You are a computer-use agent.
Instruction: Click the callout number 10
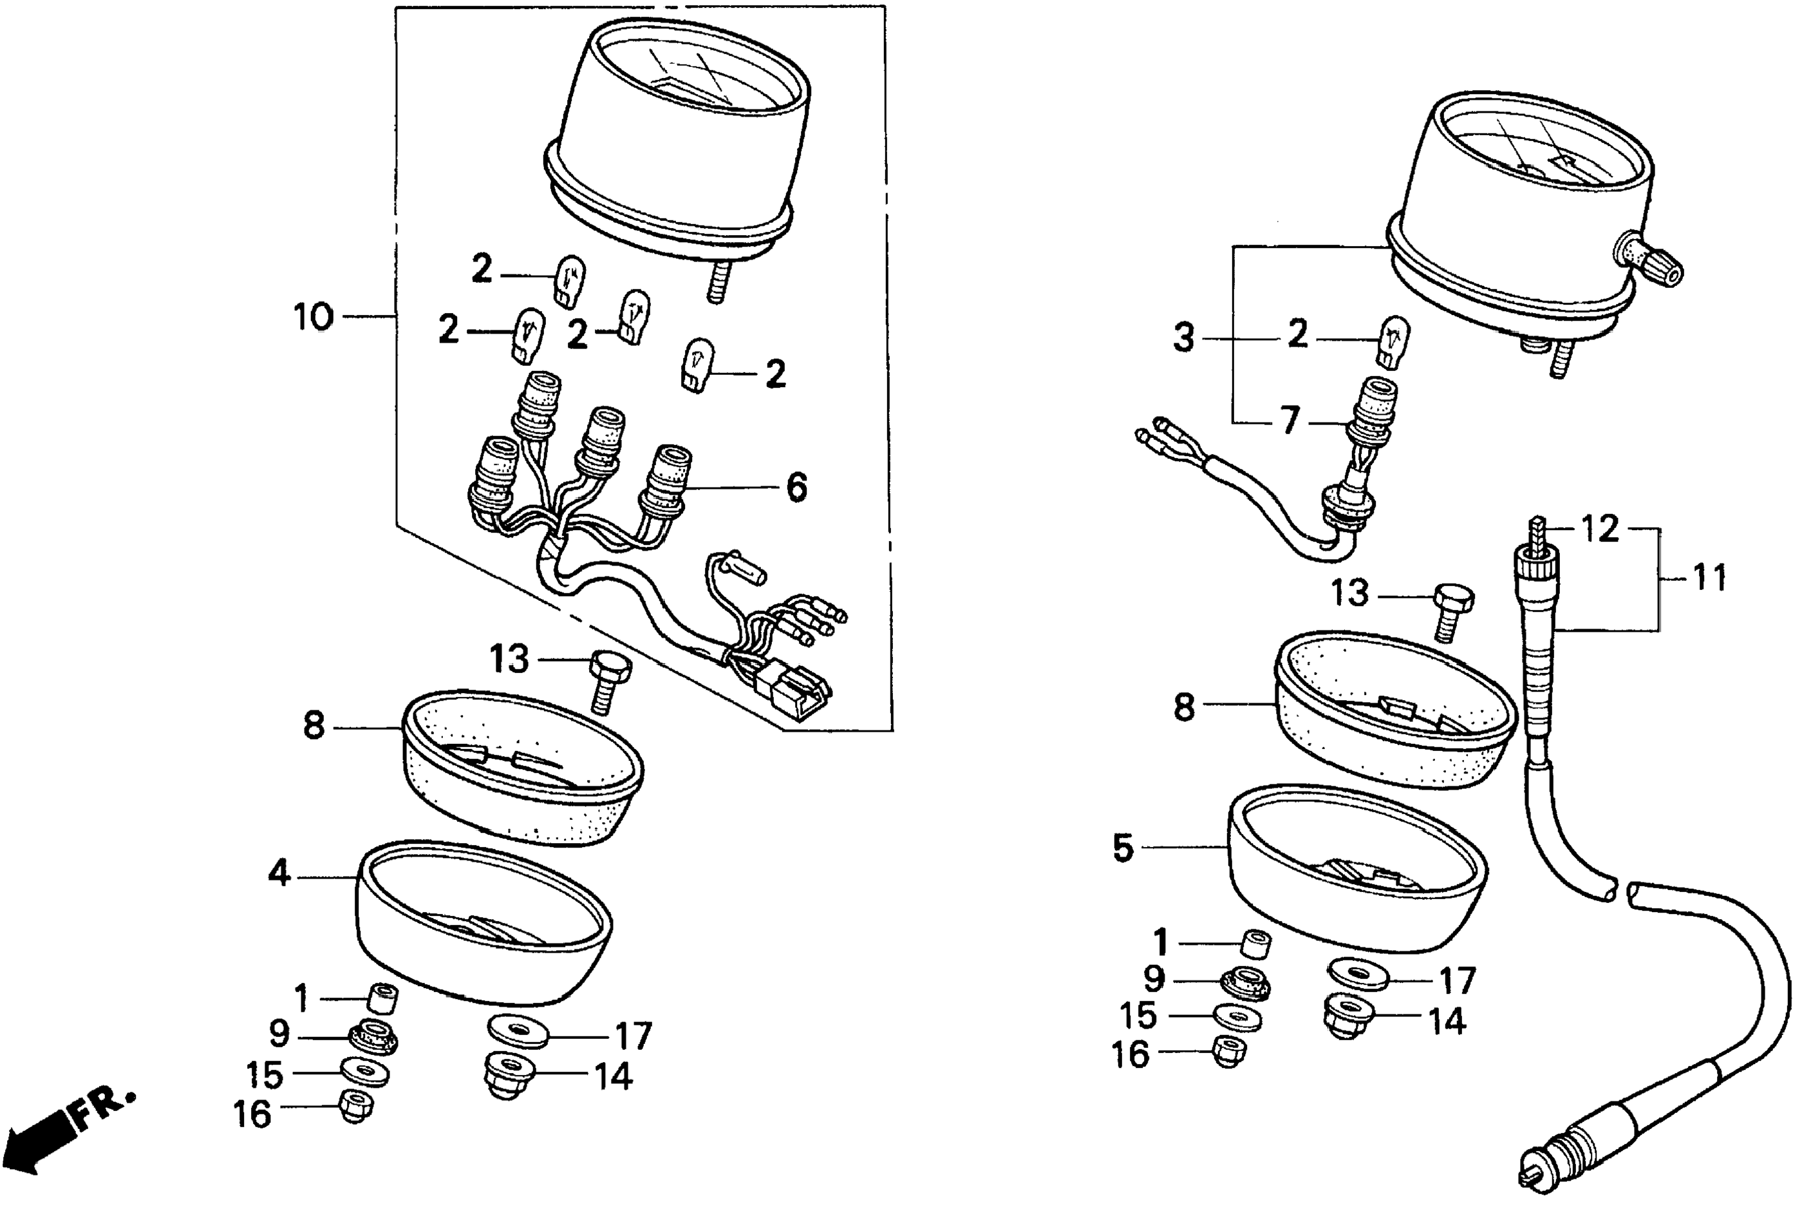(x=313, y=317)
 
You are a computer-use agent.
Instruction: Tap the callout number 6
(x=796, y=488)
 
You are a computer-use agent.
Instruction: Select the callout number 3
(x=1183, y=339)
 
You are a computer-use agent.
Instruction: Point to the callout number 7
(x=1290, y=421)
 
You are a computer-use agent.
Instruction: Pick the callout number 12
(x=1600, y=529)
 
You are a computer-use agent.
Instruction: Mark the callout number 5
(x=1123, y=848)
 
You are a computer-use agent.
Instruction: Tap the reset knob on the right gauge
(x=1655, y=263)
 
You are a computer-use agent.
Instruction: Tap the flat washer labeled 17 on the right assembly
(x=1358, y=974)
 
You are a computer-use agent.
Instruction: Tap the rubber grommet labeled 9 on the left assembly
(x=374, y=1037)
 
